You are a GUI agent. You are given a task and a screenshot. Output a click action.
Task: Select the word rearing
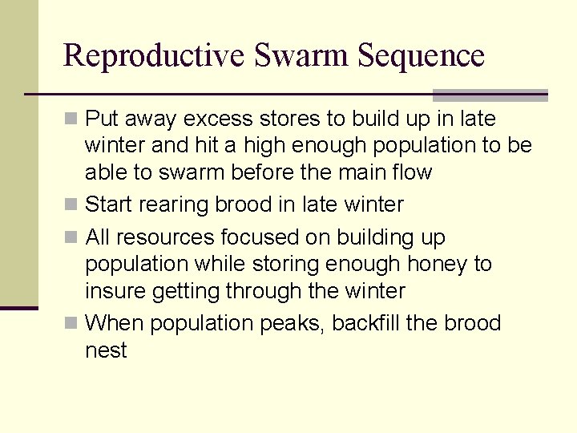tap(174, 204)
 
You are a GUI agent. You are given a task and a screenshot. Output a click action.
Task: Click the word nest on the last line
tap(106, 350)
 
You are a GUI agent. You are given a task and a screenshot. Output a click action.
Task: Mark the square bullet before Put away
tap(71, 119)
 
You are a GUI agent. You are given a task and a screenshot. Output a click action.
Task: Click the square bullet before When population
tap(71, 323)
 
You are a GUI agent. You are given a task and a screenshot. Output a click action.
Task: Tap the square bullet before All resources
tap(71, 237)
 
